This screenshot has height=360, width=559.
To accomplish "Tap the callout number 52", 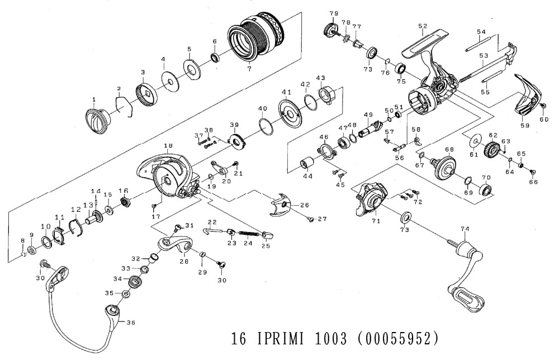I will click(422, 26).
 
